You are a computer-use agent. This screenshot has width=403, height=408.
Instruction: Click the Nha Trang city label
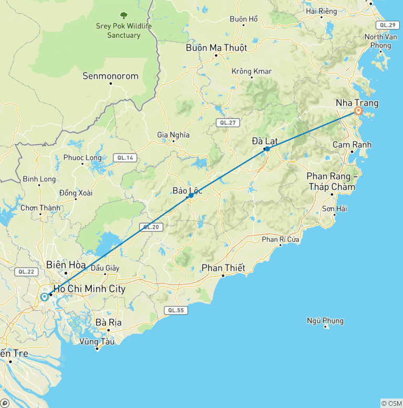(x=357, y=103)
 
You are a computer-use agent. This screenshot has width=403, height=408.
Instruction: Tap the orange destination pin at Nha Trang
(x=358, y=111)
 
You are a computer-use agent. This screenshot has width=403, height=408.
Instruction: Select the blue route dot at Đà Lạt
(x=267, y=149)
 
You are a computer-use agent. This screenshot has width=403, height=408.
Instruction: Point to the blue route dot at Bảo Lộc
(x=191, y=196)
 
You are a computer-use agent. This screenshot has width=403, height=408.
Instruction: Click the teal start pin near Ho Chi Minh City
(x=45, y=297)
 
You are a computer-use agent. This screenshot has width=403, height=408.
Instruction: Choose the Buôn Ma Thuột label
(x=216, y=47)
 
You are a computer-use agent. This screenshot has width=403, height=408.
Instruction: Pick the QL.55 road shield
(x=175, y=310)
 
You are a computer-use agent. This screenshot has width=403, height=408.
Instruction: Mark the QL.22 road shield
(x=25, y=271)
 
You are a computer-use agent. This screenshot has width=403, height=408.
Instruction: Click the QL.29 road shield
(x=387, y=25)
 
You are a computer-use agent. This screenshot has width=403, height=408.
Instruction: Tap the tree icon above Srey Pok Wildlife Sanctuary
(x=124, y=16)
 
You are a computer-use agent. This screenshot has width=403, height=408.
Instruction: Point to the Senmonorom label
(x=111, y=76)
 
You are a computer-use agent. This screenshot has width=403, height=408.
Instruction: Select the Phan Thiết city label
(x=224, y=268)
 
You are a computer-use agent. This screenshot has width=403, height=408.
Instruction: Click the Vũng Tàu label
(x=97, y=341)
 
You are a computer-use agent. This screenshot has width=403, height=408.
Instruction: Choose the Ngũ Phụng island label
(x=325, y=321)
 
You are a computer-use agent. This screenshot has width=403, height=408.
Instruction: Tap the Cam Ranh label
(x=352, y=145)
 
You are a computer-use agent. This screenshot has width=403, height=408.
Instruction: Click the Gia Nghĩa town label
(x=173, y=135)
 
